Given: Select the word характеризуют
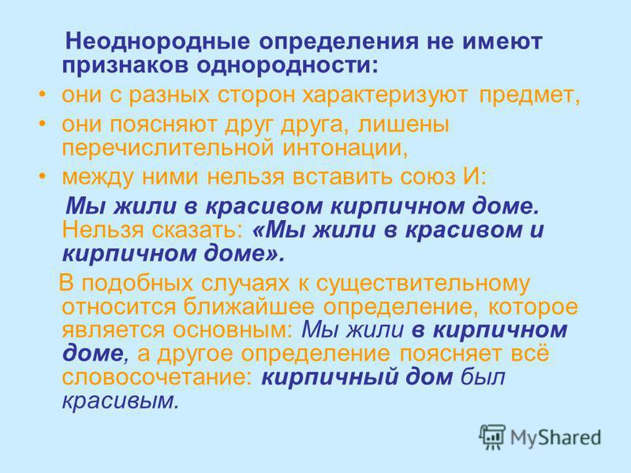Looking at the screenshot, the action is [385, 95].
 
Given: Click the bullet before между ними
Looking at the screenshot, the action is [43, 176].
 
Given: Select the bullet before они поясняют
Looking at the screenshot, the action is [43, 124].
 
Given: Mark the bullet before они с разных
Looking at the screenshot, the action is [43, 95].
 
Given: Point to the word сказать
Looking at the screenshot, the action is [196, 230].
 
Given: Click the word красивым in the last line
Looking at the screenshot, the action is [120, 401].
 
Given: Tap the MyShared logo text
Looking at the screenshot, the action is [555, 438].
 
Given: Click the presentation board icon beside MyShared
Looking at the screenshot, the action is [491, 437].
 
